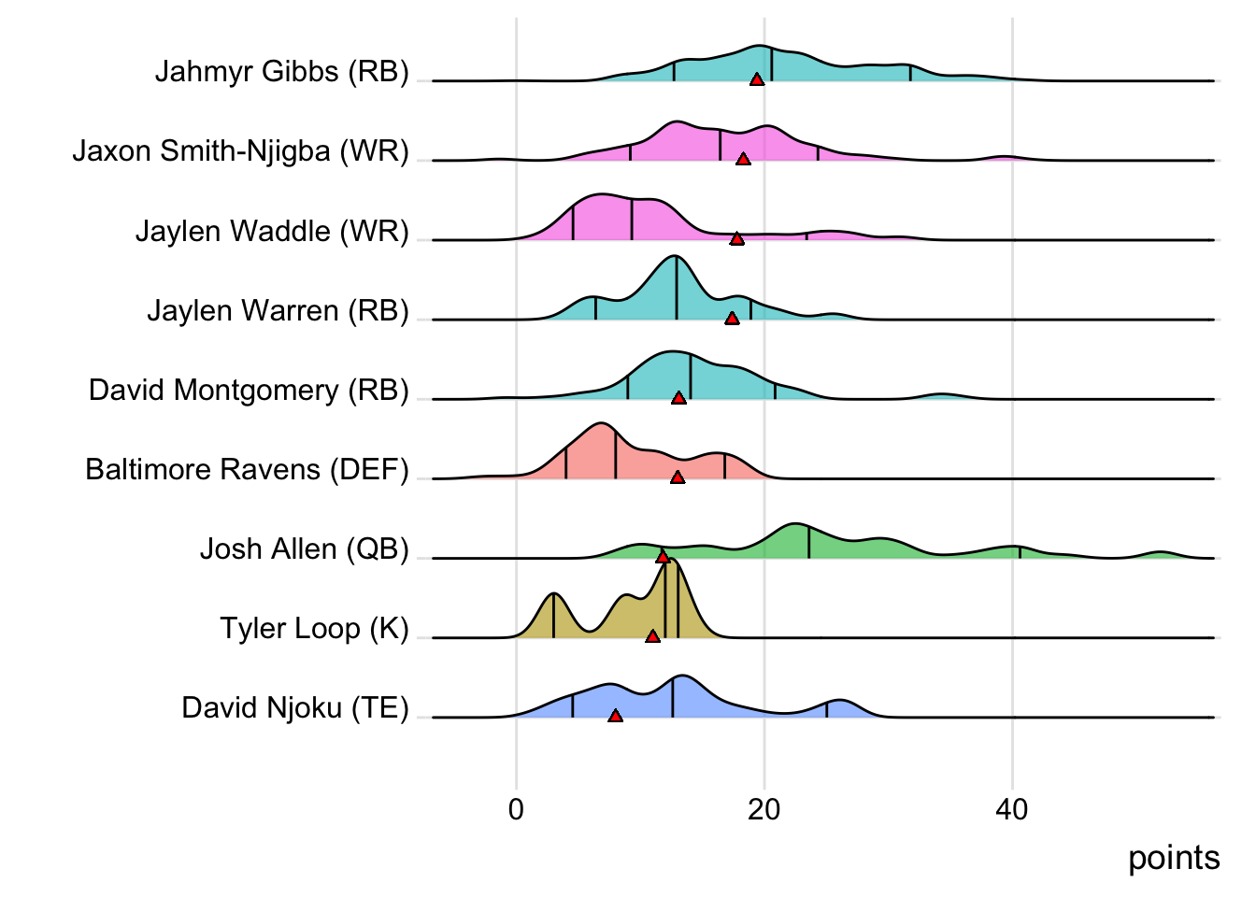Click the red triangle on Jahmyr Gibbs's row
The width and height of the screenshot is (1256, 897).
click(x=757, y=80)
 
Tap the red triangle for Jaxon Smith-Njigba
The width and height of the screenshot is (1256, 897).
click(x=743, y=160)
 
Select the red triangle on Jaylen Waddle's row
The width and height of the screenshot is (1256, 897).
click(x=737, y=239)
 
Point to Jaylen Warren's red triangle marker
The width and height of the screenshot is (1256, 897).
click(x=732, y=319)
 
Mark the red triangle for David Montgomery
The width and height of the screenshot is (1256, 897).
click(x=679, y=398)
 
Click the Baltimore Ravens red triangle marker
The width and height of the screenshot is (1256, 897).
click(x=678, y=477)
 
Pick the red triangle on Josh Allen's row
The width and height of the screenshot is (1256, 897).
click(x=663, y=557)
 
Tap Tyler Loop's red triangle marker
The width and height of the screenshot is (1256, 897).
click(x=652, y=636)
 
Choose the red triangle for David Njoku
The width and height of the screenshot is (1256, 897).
click(x=615, y=716)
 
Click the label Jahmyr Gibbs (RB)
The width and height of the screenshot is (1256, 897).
click(x=281, y=71)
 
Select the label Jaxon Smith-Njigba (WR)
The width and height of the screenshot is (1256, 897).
click(x=240, y=150)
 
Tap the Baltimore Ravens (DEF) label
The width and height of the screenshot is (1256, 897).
click(x=247, y=469)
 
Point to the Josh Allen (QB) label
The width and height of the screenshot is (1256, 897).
click(x=304, y=548)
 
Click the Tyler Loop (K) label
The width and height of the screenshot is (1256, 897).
click(x=314, y=628)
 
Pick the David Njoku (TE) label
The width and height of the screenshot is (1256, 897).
click(x=295, y=707)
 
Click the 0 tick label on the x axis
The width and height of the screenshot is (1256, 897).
click(x=516, y=809)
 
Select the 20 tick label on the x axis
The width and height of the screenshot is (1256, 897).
click(x=764, y=809)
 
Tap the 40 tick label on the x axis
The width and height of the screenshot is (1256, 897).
click(x=1011, y=809)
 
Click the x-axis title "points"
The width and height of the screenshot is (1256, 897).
click(x=1174, y=858)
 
